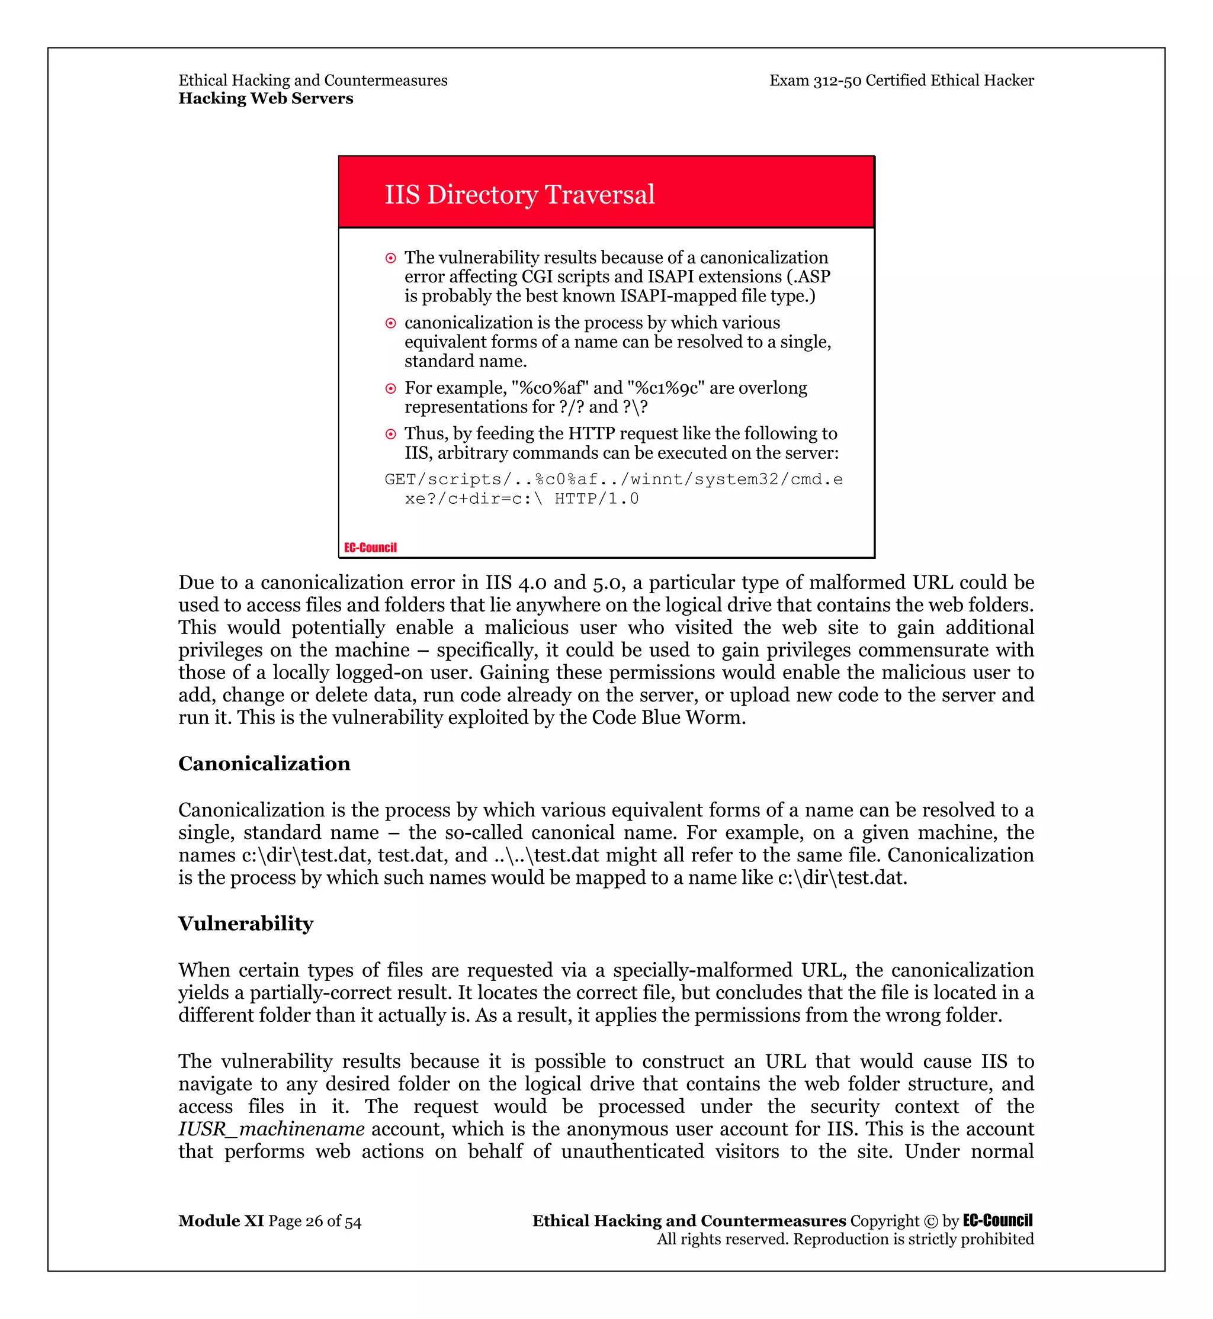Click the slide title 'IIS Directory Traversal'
click(x=519, y=195)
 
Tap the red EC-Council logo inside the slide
click(x=370, y=547)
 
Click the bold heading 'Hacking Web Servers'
click(x=266, y=98)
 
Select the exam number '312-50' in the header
click(x=837, y=81)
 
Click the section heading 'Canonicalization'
click(x=265, y=764)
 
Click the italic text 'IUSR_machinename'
click(x=272, y=1129)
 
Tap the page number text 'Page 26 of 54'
click(x=315, y=1221)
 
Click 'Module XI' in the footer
click(x=220, y=1221)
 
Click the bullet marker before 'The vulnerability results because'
click(x=390, y=259)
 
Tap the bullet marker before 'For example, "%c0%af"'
click(x=390, y=388)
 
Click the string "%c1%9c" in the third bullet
click(x=666, y=388)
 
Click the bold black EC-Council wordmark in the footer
click(x=997, y=1221)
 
